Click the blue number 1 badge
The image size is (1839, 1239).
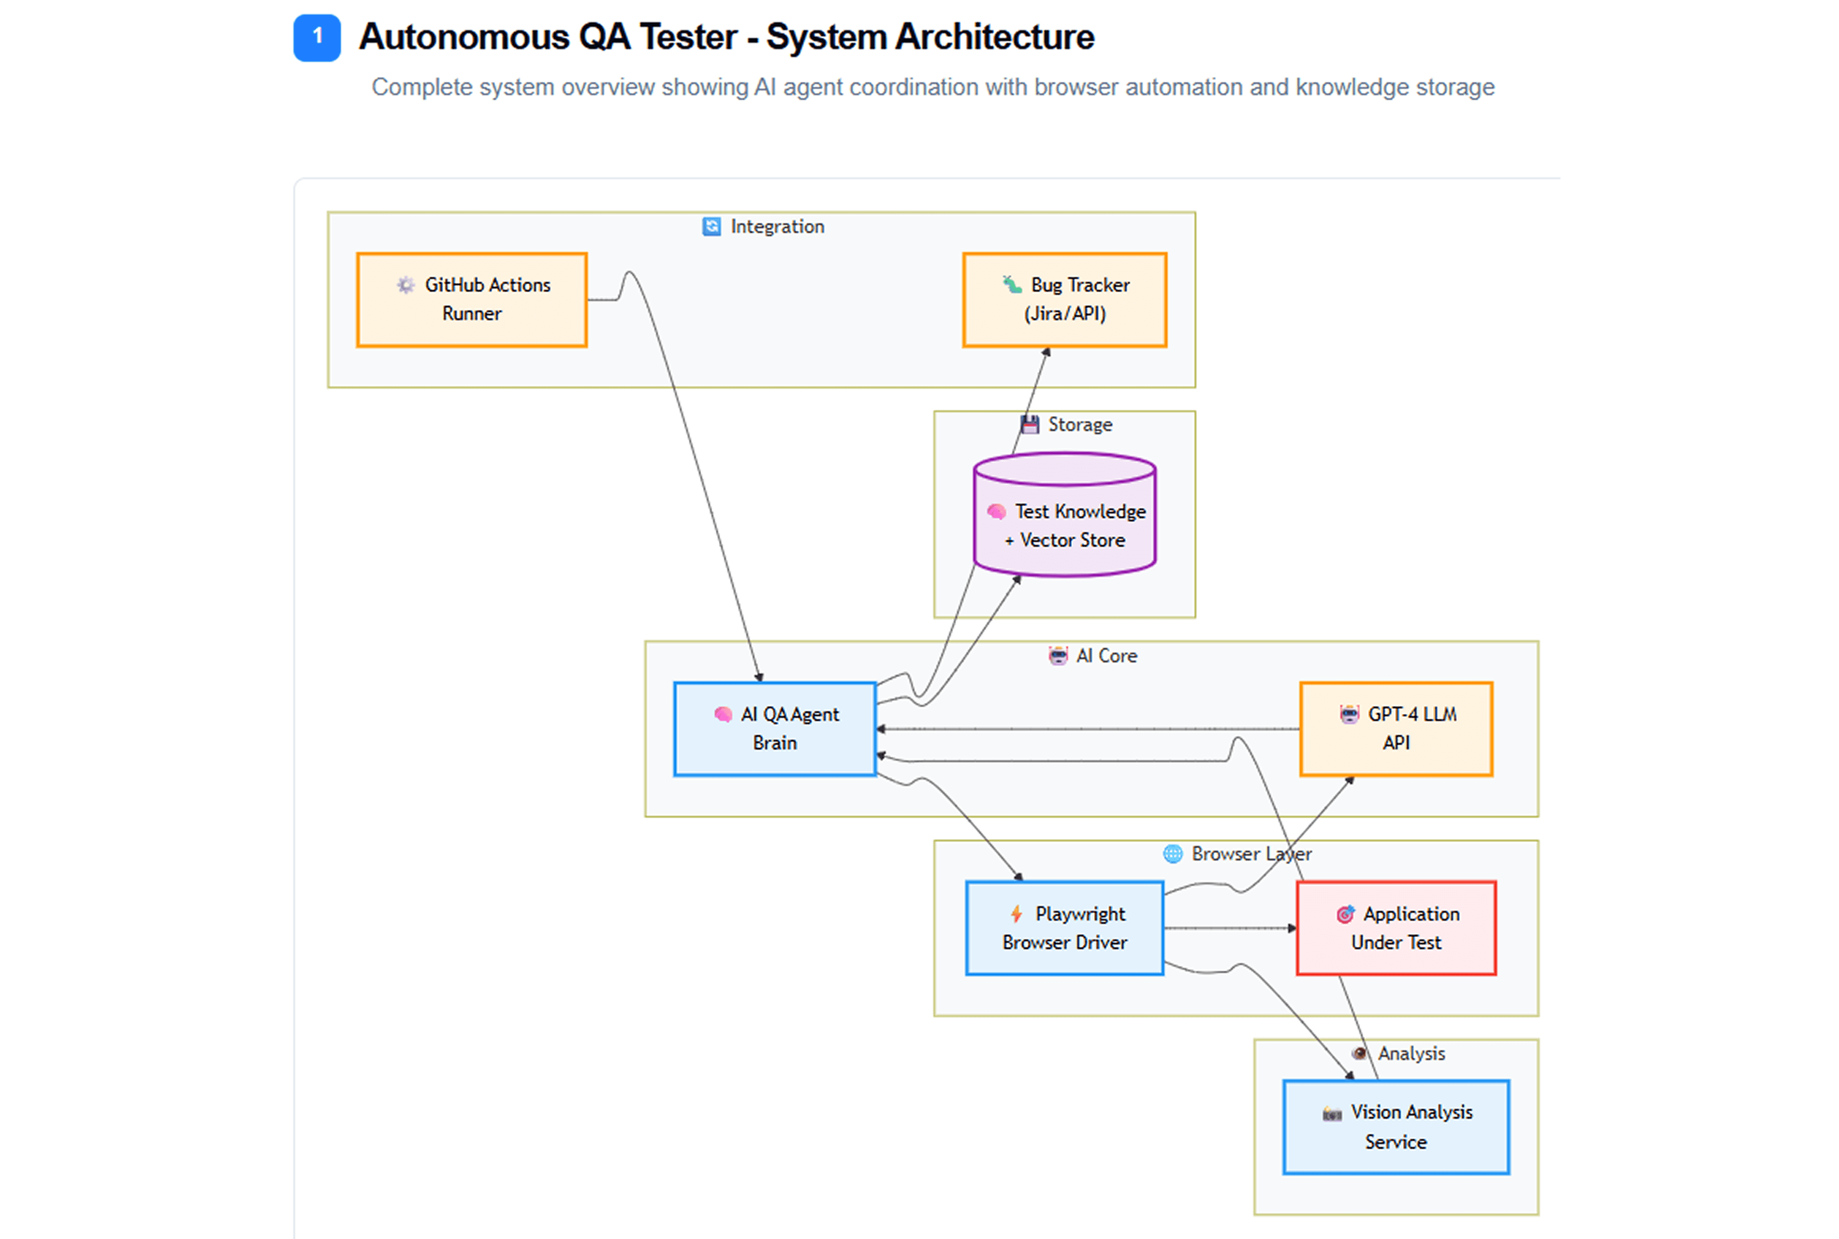pyautogui.click(x=317, y=37)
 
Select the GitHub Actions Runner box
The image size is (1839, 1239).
pyautogui.click(x=471, y=300)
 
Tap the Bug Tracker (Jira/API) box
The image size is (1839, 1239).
pyautogui.click(x=1064, y=300)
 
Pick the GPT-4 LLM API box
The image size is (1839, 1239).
pyautogui.click(x=1396, y=728)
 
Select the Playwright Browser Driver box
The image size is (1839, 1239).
pyautogui.click(x=1064, y=928)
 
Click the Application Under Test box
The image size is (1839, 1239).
pyautogui.click(x=1396, y=928)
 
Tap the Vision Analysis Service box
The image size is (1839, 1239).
pyautogui.click(x=1396, y=1127)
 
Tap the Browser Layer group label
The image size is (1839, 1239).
pyautogui.click(x=1251, y=854)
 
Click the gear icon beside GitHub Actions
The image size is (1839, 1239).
pyautogui.click(x=405, y=285)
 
